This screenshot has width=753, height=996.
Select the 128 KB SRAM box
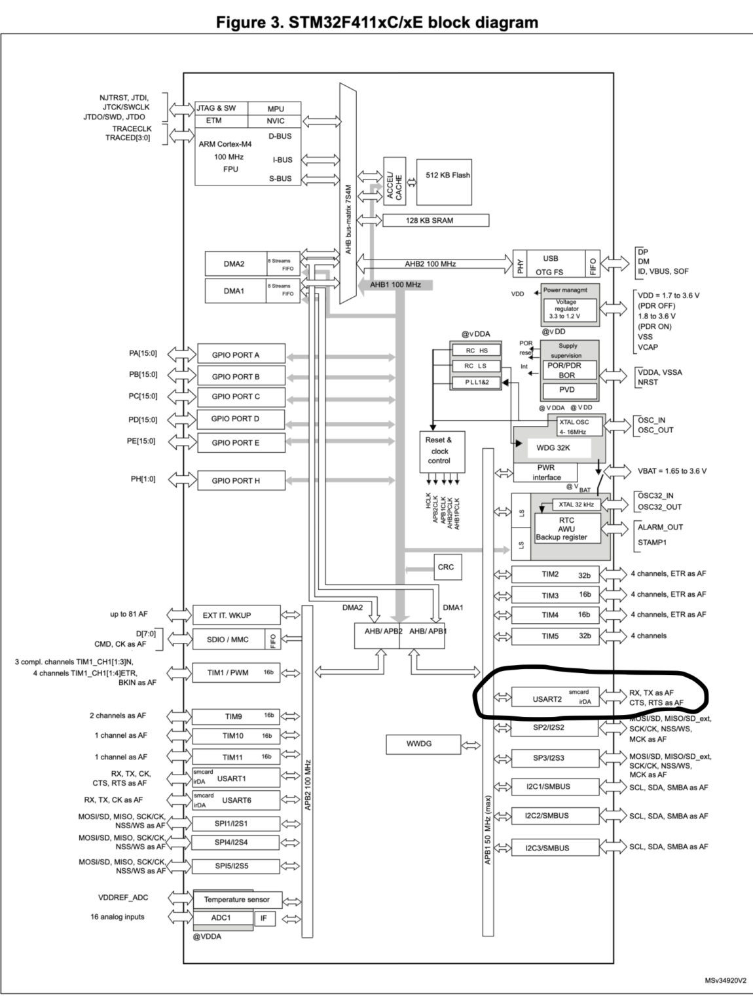(x=435, y=220)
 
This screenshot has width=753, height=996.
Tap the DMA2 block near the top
(x=234, y=264)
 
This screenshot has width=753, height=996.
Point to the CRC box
(x=446, y=567)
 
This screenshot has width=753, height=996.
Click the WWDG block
(x=419, y=744)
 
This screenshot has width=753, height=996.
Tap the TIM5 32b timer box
(x=554, y=636)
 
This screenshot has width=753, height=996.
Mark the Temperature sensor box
(x=237, y=900)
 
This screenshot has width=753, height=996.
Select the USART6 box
(x=236, y=800)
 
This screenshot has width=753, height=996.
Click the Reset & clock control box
(x=441, y=451)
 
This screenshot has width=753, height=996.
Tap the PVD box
(x=568, y=390)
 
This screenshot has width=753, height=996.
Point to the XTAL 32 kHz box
(x=576, y=505)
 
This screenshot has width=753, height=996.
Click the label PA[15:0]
(x=143, y=353)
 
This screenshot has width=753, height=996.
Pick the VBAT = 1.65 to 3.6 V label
(x=672, y=471)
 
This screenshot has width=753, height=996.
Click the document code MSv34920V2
(x=725, y=980)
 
